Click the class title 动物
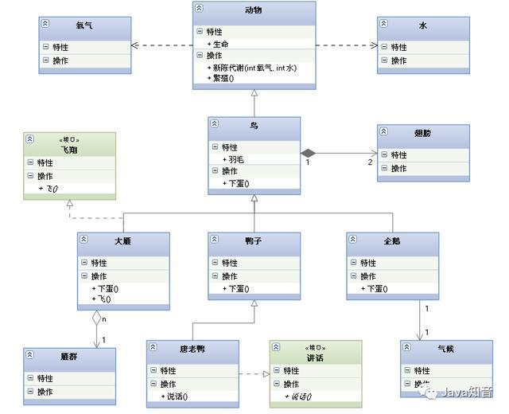pyautogui.click(x=254, y=10)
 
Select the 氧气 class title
pyautogui.click(x=84, y=25)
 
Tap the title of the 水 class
pyautogui.click(x=423, y=25)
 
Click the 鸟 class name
pyautogui.click(x=254, y=126)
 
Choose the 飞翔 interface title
pyautogui.click(x=70, y=149)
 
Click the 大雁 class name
pyautogui.click(x=122, y=240)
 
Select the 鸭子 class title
pyautogui.click(x=254, y=240)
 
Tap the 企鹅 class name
pyautogui.click(x=392, y=240)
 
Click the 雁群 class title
pyautogui.click(x=69, y=357)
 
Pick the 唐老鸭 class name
pyautogui.click(x=192, y=349)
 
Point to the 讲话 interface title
pyautogui.click(x=315, y=357)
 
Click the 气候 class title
pyautogui.click(x=446, y=349)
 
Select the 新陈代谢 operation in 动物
pyautogui.click(x=251, y=68)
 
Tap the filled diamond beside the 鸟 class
pyautogui.click(x=309, y=152)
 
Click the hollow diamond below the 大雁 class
pyautogui.click(x=97, y=318)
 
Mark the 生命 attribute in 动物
pyautogui.click(x=222, y=44)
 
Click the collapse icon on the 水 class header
pyautogui.click(x=383, y=25)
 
